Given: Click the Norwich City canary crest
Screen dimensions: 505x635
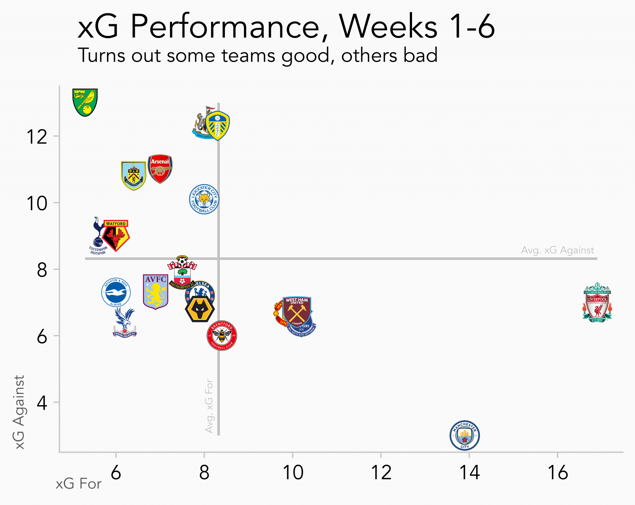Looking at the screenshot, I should [85, 102].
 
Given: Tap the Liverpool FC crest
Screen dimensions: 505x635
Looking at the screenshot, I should [597, 303].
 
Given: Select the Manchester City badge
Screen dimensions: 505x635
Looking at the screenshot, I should [464, 435].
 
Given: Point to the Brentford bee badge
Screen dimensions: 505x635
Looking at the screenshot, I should [222, 336].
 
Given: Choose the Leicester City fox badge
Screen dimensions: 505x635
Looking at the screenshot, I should [204, 199].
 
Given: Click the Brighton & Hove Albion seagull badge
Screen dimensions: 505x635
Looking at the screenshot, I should [116, 292].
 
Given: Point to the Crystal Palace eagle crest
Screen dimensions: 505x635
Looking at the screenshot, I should [125, 323].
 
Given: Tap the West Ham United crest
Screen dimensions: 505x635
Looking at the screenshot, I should [297, 311].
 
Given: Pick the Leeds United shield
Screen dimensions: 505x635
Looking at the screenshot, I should [218, 125].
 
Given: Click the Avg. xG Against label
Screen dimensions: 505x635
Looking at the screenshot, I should [557, 250].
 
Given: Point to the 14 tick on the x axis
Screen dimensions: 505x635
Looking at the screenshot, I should [469, 472].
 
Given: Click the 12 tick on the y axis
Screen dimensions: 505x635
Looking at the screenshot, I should [37, 137].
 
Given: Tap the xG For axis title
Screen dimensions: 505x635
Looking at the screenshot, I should [78, 484].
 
